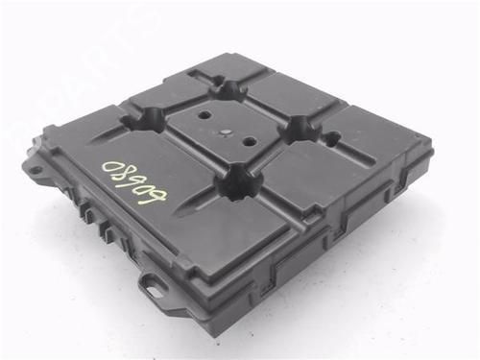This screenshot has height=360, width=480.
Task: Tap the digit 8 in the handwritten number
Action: pos(121,173)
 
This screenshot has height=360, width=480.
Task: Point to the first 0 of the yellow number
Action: pos(105,165)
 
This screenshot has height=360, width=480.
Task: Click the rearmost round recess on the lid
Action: pos(228,88)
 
